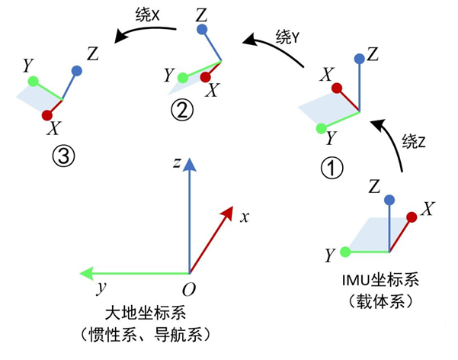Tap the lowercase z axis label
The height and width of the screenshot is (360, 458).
[x=176, y=162]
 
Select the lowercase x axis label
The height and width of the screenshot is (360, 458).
[x=245, y=217]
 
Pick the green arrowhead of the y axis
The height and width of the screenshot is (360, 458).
[x=86, y=272]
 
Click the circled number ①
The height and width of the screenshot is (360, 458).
[x=334, y=166]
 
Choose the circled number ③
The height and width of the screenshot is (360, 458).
[x=62, y=156]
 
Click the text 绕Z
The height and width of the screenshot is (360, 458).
[x=413, y=141]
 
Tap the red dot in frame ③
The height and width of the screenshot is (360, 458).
[x=47, y=114]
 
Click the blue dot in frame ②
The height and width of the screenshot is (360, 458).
[x=201, y=30]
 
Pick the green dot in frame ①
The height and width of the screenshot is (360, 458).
[x=321, y=127]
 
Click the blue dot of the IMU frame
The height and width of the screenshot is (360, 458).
[x=389, y=200]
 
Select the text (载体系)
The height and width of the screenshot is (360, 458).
[x=378, y=301]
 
